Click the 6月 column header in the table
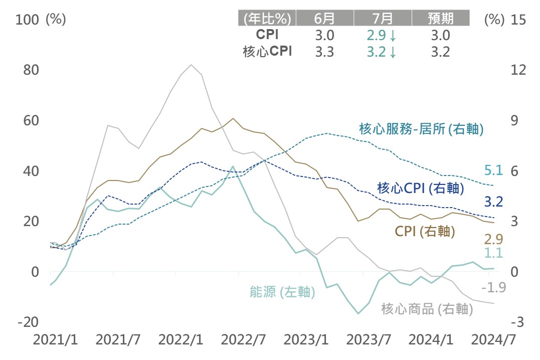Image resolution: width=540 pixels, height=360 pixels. pos(324,19)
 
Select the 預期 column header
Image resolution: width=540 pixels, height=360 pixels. pos(441,19)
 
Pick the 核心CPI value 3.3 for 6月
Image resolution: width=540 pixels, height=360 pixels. pos(323,51)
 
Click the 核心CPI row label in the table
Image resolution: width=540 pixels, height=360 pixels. pos(266,51)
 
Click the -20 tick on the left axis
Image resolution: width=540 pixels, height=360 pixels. pos(28,322)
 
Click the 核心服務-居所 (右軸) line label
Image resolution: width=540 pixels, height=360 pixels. pos(421,129)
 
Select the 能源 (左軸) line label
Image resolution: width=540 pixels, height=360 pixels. pos(282,292)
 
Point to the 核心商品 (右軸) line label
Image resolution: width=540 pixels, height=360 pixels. pos(427,309)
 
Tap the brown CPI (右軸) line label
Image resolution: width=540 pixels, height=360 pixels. pos(425,231)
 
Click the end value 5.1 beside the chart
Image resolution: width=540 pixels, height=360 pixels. pos(493,170)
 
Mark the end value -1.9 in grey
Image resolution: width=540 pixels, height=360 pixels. pos(493,288)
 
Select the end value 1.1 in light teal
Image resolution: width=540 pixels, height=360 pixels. pos(493,254)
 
